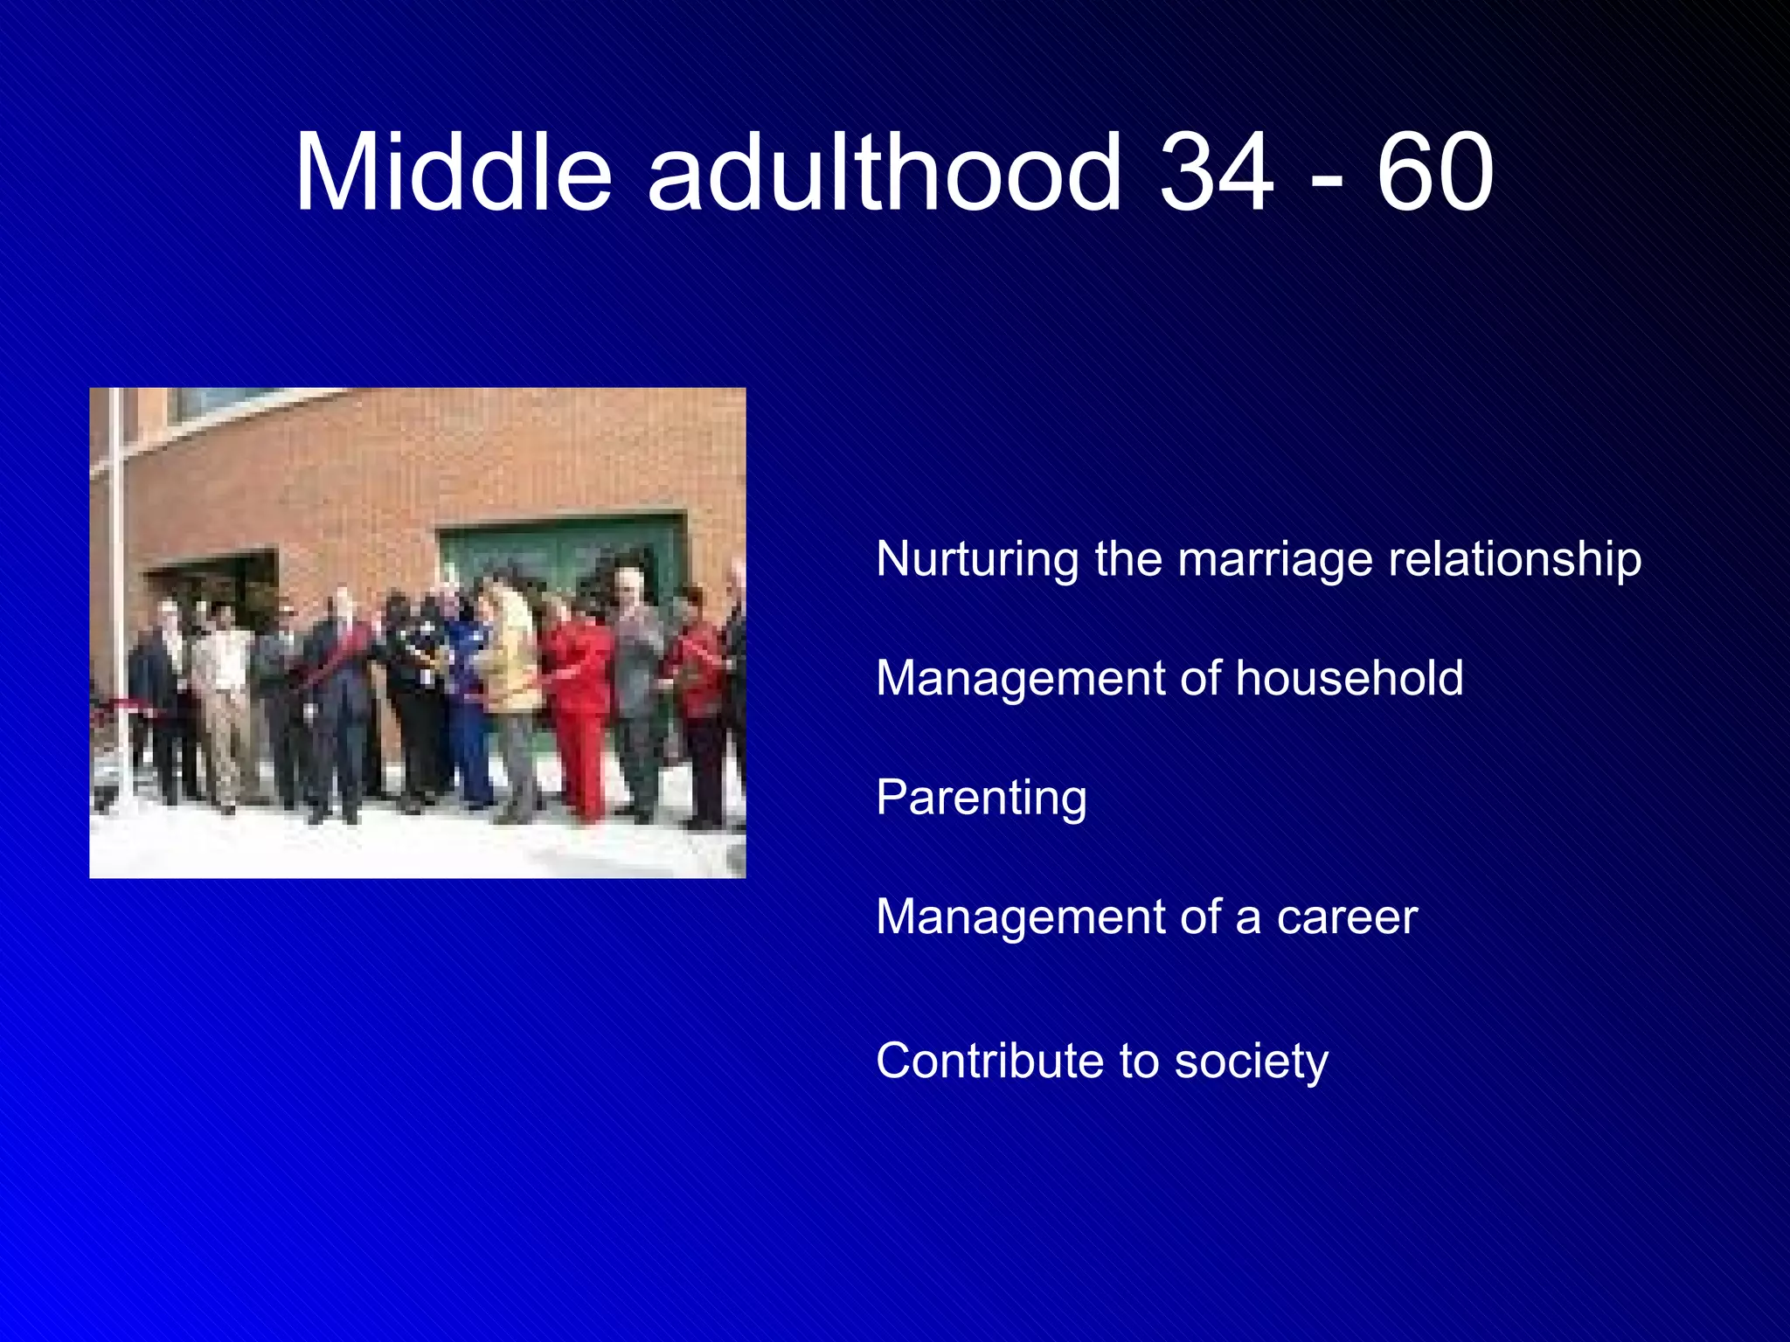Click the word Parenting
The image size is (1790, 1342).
click(x=982, y=799)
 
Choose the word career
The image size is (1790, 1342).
click(x=1346, y=917)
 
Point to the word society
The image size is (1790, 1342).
click(x=1251, y=1062)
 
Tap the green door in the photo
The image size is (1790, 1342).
click(x=559, y=559)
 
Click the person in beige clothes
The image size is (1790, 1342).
click(x=224, y=699)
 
